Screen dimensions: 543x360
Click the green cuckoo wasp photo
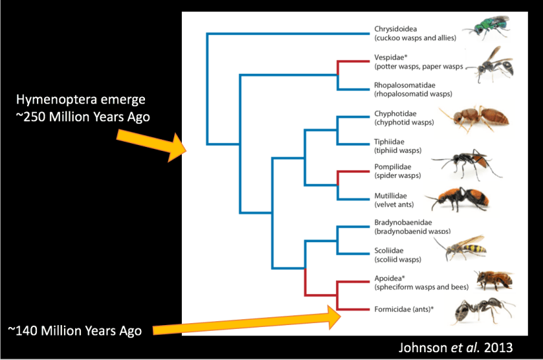(487, 28)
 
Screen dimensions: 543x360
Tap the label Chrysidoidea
(395, 29)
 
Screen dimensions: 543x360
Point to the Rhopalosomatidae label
(404, 85)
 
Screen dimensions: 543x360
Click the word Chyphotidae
(395, 114)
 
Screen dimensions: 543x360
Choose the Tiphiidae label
(389, 142)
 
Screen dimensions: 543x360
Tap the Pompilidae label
(393, 167)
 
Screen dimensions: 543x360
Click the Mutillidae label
(391, 196)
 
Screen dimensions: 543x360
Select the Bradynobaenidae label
(403, 223)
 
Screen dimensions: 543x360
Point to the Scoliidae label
(389, 251)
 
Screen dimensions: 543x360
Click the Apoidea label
(390, 278)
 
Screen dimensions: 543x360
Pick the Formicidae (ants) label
(404, 309)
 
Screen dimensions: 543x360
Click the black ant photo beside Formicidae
(484, 311)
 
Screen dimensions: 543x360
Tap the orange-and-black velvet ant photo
(457, 199)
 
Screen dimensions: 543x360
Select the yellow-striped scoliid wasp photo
(461, 247)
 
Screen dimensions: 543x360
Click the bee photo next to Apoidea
(493, 280)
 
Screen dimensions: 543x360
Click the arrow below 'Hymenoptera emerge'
(151, 146)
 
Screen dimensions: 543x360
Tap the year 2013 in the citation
(498, 348)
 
